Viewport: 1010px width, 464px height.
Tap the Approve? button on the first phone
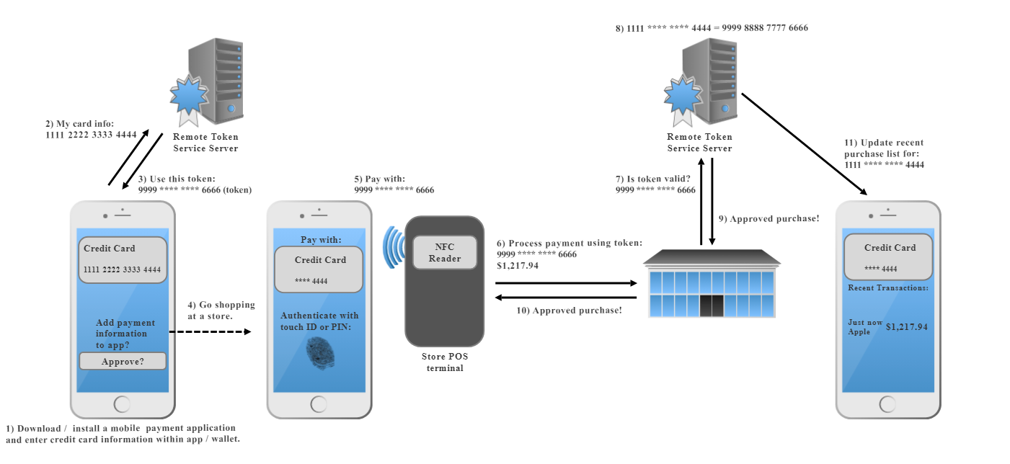click(x=123, y=361)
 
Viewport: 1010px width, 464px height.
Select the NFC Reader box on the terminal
click(x=445, y=253)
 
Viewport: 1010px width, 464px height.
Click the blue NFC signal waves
click(x=391, y=247)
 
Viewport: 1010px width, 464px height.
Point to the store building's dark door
click(x=710, y=305)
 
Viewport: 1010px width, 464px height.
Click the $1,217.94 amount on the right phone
click(x=906, y=327)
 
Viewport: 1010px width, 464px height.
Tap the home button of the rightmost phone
click(x=887, y=403)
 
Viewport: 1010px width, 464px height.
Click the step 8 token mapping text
click(x=712, y=28)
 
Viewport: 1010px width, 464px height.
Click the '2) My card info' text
click(x=90, y=130)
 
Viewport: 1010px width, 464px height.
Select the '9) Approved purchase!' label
click(x=768, y=219)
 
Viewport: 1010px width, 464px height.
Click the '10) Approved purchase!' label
click(x=570, y=311)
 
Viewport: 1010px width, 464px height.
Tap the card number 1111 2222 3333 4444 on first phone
click(x=123, y=270)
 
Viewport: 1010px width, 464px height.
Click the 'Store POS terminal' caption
click(x=443, y=362)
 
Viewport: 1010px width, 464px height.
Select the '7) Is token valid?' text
click(x=655, y=184)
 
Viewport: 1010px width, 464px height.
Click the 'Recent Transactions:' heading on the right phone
click(x=887, y=288)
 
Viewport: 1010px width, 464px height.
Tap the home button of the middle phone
click(x=319, y=403)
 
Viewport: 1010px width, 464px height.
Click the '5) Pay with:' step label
click(x=394, y=184)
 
